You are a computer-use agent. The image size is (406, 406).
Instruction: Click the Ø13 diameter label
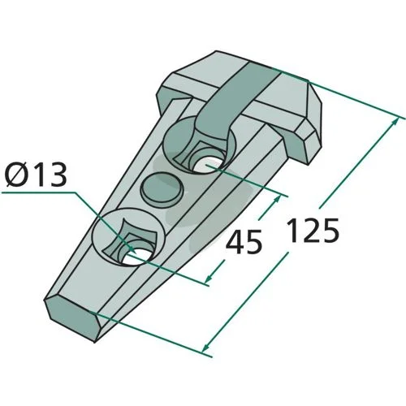point(37,175)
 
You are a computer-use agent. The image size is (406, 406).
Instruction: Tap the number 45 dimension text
point(244,241)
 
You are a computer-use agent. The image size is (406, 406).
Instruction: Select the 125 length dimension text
point(313,230)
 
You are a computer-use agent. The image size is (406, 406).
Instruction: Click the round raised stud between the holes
point(162,189)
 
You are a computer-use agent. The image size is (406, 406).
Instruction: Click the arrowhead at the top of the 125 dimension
point(395,122)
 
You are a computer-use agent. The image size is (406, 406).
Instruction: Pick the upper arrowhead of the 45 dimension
point(277,199)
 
